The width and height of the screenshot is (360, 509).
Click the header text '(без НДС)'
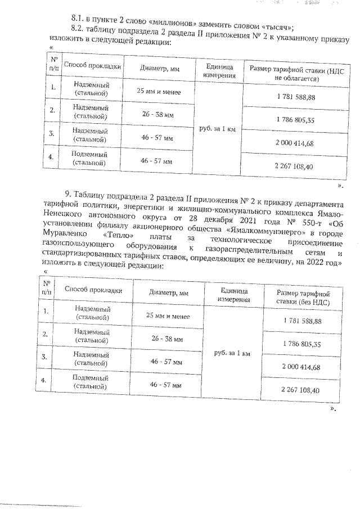point(303,302)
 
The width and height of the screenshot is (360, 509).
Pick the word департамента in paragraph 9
point(313,203)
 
